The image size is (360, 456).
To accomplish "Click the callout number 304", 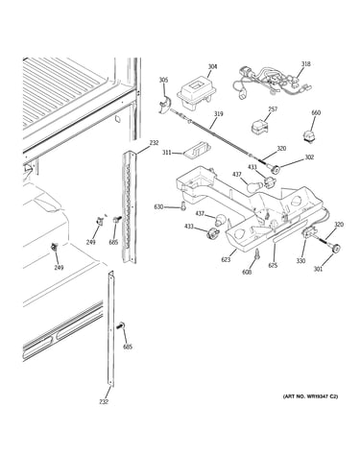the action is pyautogui.click(x=212, y=66).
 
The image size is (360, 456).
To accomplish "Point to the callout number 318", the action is pyautogui.click(x=305, y=64).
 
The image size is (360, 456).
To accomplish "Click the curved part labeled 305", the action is pyautogui.click(x=165, y=106).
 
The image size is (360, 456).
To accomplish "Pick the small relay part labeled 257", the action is pyautogui.click(x=259, y=126).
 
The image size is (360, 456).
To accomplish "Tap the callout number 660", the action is pyautogui.click(x=316, y=112).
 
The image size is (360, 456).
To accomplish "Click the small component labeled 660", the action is pyautogui.click(x=308, y=134).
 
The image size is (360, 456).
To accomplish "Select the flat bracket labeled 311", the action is pyautogui.click(x=197, y=149).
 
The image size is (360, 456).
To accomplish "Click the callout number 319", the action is pyautogui.click(x=219, y=114).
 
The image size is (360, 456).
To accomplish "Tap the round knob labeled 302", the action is pyautogui.click(x=274, y=167).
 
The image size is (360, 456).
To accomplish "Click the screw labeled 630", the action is pyautogui.click(x=183, y=206).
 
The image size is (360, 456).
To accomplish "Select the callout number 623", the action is pyautogui.click(x=226, y=260).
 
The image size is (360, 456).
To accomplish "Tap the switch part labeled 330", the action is pyautogui.click(x=309, y=234).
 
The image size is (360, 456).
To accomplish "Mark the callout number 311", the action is pyautogui.click(x=166, y=153).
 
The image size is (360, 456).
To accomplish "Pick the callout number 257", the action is pyautogui.click(x=273, y=109).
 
